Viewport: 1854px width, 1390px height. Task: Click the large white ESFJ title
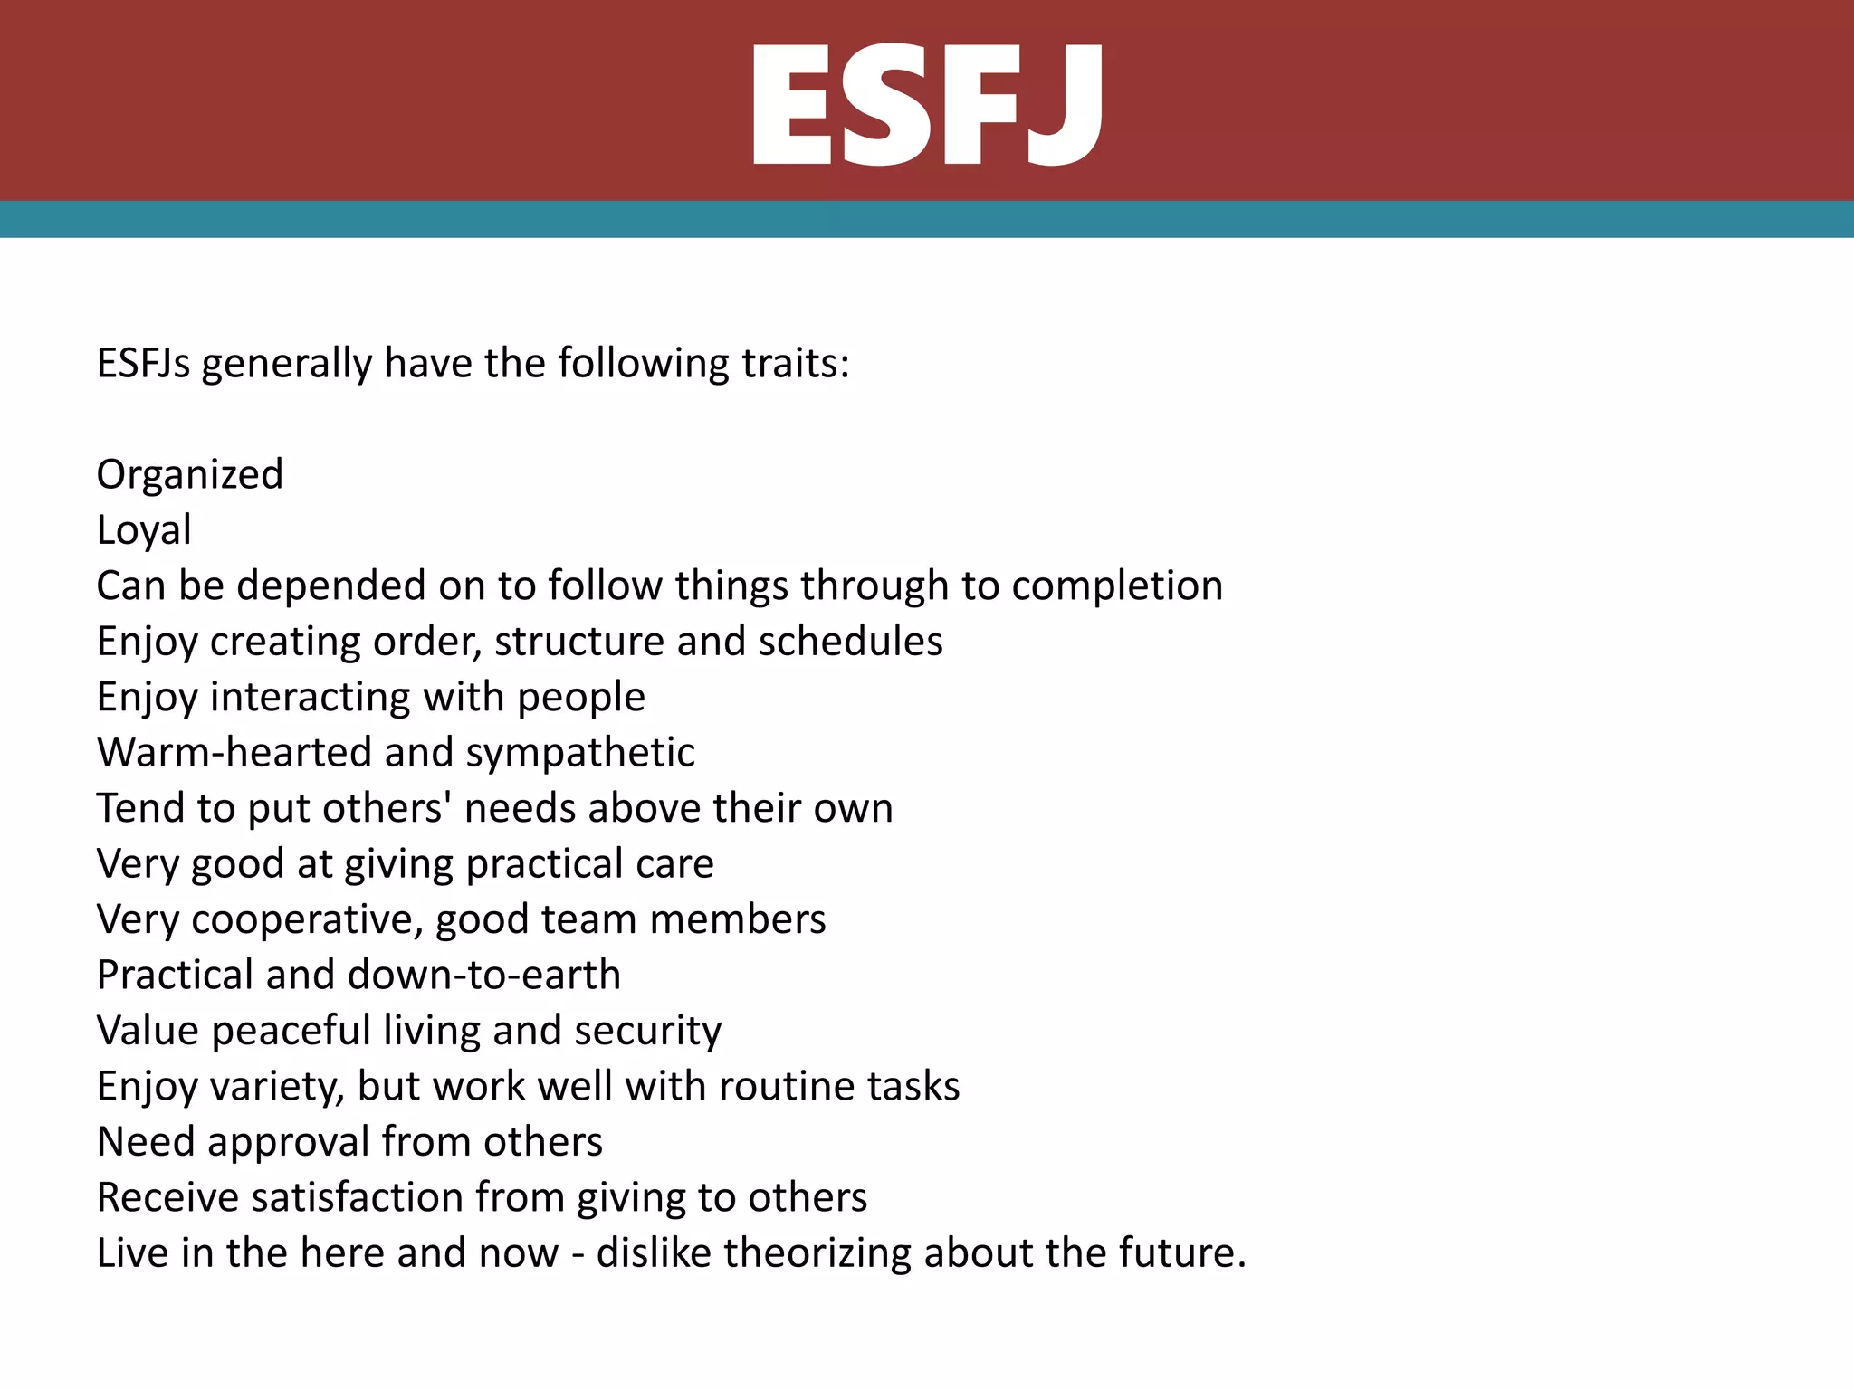pyautogui.click(x=927, y=106)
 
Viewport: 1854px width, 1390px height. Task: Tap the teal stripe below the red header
pyautogui.click(x=927, y=219)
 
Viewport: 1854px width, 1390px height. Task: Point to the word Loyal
pyautogui.click(x=144, y=530)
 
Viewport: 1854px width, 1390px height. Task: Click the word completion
pyautogui.click(x=1117, y=586)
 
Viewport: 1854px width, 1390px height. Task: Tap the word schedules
pyautogui.click(x=850, y=642)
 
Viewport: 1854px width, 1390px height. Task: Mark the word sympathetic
pyautogui.click(x=579, y=753)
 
